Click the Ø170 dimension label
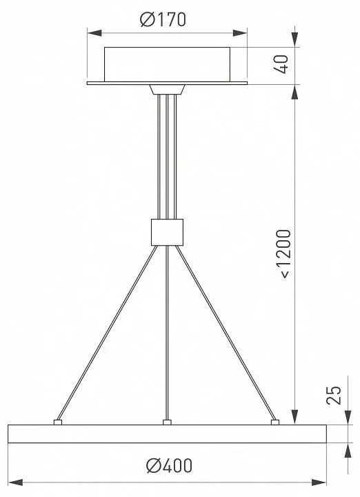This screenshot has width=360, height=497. coord(163,19)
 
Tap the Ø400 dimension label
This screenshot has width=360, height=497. coord(170,466)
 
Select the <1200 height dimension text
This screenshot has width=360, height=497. coord(283,253)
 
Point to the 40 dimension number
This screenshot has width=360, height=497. coord(281,65)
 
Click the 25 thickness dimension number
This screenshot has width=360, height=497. coord(334,395)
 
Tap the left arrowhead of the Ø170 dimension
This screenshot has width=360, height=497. coord(94,33)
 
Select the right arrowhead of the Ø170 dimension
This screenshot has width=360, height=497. coord(240,33)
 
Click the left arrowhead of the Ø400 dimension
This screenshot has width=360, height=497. coord(15,483)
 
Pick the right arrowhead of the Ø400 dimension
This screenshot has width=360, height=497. coord(319,483)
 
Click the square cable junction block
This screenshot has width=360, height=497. coord(167,233)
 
